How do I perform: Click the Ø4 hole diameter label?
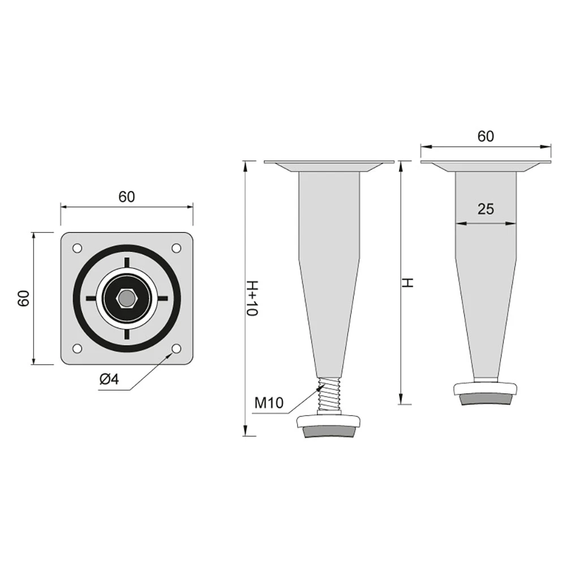tap(109, 379)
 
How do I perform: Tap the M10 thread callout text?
tap(269, 402)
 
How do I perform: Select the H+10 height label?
tap(252, 298)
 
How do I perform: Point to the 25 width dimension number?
tap(486, 209)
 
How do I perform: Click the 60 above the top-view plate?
tap(127, 197)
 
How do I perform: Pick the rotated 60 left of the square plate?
tap(23, 298)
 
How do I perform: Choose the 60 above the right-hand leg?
tap(486, 136)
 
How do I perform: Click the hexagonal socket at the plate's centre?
tap(126, 298)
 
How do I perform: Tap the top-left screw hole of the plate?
tap(77, 248)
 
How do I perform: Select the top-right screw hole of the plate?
tap(176, 248)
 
